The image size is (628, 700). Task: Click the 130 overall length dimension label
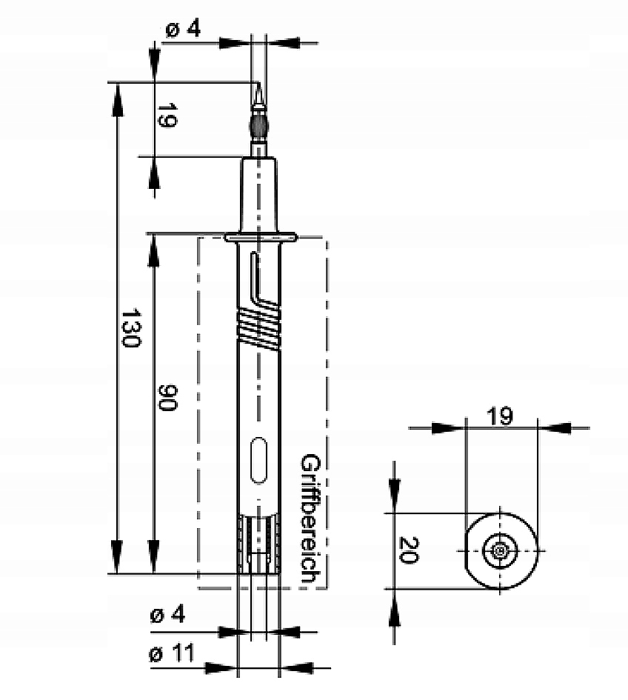coord(131,327)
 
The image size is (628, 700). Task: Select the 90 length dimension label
coord(168,398)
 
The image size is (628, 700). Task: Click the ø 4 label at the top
coord(183,30)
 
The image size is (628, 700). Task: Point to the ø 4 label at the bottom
coord(167,615)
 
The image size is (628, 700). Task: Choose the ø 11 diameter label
coord(171,654)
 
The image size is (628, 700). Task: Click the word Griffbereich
coord(310,519)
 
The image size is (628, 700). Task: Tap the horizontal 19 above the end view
coord(499,416)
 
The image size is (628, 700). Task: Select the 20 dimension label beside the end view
coord(408,550)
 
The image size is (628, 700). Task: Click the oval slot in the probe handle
coord(259,461)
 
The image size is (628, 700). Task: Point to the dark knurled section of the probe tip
coord(258,127)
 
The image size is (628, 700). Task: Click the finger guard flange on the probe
coord(260,238)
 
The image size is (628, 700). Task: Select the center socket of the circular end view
coord(500,551)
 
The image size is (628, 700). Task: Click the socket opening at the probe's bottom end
coord(259,544)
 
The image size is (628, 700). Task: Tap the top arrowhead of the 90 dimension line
coord(153,250)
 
